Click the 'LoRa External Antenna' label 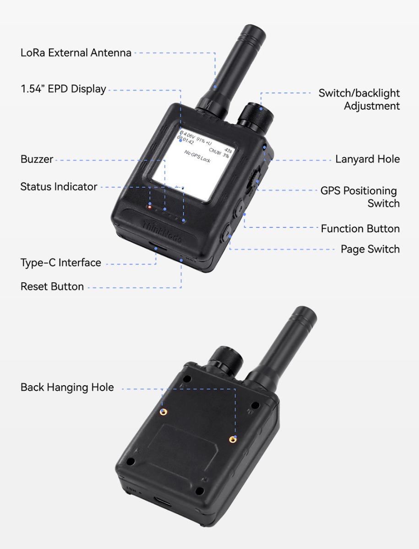tap(76, 53)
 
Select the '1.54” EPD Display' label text tap(63, 89)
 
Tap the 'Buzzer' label tap(37, 160)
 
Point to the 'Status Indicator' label tap(59, 187)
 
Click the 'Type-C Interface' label tap(60, 263)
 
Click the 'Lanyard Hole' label tap(367, 159)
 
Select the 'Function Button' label tap(360, 229)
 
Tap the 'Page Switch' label tap(370, 249)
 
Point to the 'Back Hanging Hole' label tap(67, 388)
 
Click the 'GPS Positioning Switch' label tap(359, 197)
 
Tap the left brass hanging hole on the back tap(162, 412)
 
